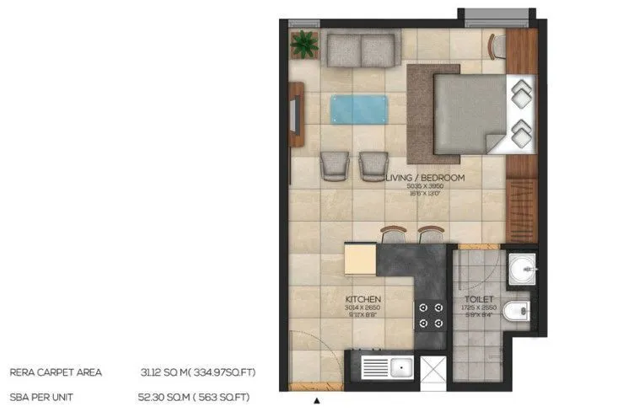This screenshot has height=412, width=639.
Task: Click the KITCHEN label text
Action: pos(364,299)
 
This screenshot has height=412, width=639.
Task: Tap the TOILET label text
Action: pos(478,299)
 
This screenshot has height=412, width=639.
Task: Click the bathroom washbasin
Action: pos(523,269)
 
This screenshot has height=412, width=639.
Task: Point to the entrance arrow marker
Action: pos(317,401)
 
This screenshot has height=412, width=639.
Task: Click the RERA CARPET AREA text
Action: pos(56,371)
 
